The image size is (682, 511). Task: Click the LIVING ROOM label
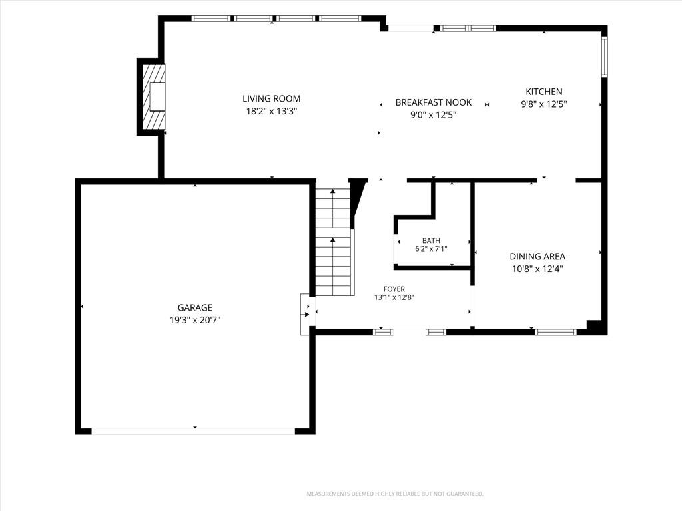pos(272,98)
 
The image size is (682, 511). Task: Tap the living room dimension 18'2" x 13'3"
pos(272,111)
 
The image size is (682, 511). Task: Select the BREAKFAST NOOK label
pos(433,102)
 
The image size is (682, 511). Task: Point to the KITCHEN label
pos(544,92)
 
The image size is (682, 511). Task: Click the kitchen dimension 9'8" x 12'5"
pos(544,104)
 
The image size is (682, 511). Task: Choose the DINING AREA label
pos(537,256)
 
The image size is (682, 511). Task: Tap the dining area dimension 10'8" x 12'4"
pos(537,269)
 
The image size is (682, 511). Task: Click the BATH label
pos(431,240)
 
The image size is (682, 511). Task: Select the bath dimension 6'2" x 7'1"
pos(431,249)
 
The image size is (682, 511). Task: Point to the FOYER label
pos(394,289)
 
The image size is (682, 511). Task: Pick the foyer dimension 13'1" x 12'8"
pos(394,297)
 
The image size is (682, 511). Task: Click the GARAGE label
pos(195,307)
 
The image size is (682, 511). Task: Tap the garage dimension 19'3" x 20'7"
pos(195,320)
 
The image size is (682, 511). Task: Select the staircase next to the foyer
pos(333,242)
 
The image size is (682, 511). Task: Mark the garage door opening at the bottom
pos(193,431)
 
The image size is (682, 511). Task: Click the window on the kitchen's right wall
pos(605,57)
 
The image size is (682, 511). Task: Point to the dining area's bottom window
pos(555,332)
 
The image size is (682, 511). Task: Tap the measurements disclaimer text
pos(395,494)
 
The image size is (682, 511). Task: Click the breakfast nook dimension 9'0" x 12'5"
pos(433,115)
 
